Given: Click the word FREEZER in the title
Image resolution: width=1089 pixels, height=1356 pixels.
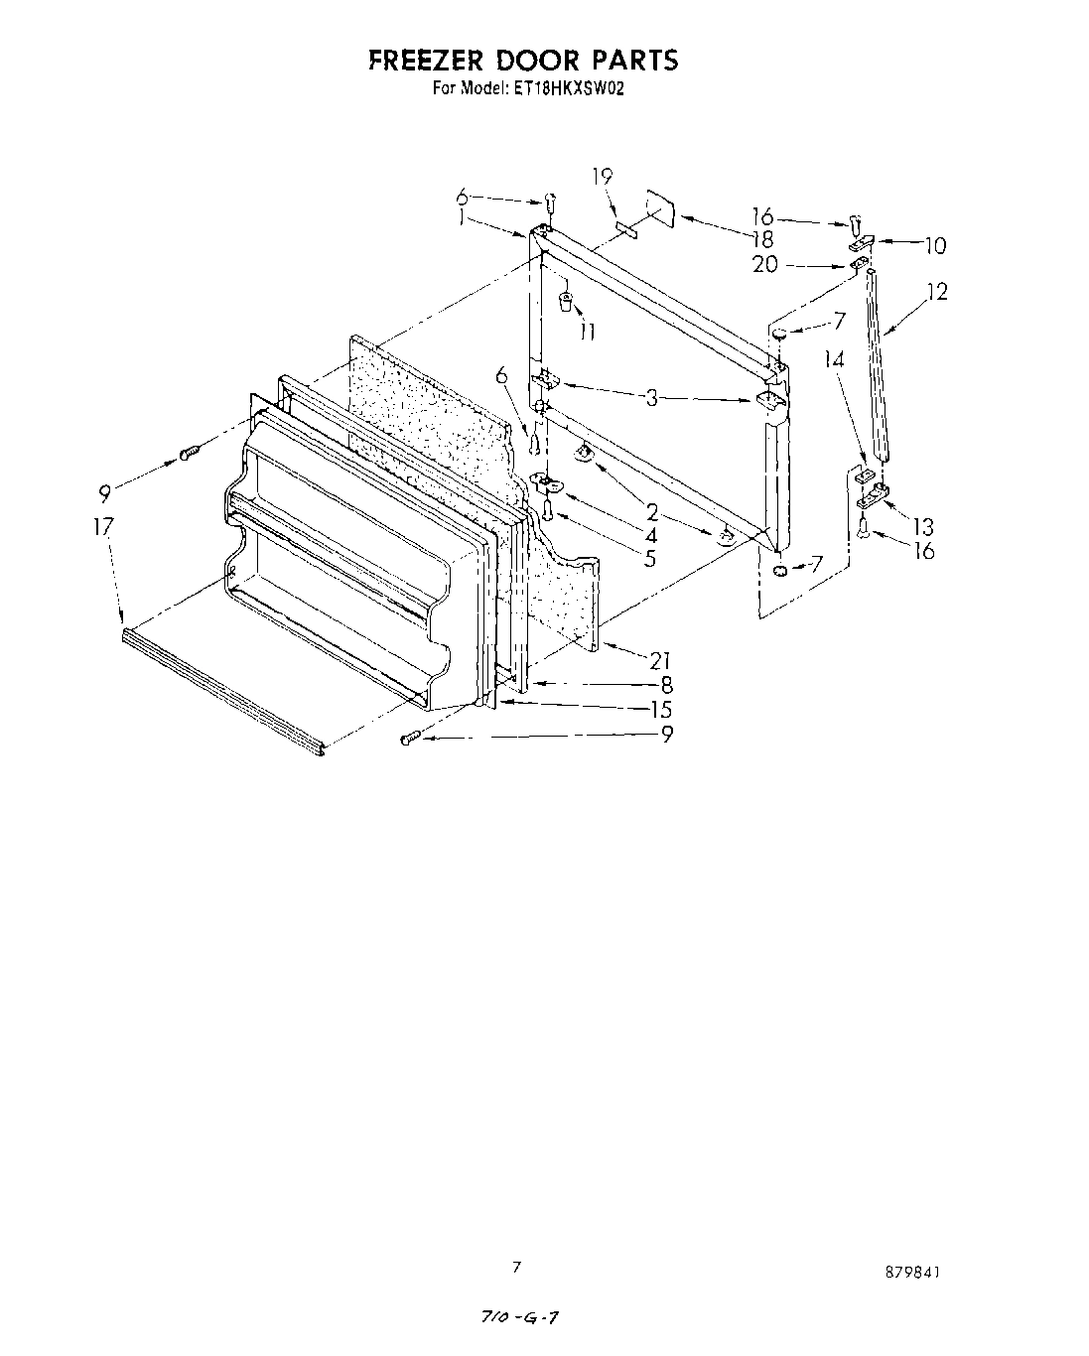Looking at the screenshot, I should [424, 61].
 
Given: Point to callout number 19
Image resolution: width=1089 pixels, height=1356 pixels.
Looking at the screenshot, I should [602, 178].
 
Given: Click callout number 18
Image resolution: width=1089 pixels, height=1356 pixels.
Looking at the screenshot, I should [762, 239].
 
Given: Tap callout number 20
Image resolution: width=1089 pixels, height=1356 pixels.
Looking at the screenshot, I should [765, 265].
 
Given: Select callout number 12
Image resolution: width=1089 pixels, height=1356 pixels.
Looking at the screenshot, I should [936, 292].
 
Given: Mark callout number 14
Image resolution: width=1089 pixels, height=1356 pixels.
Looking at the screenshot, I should [834, 359].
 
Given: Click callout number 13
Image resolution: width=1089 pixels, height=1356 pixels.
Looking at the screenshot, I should [924, 526].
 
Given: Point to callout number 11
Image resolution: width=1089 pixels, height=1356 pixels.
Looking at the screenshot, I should [587, 332].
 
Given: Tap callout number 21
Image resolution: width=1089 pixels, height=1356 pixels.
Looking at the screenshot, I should [661, 660].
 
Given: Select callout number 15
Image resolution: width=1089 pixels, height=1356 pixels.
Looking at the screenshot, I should [661, 709].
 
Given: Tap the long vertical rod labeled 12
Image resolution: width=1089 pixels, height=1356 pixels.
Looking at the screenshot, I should [876, 362].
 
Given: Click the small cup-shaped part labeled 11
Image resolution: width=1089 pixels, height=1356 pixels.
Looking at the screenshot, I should [566, 301].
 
